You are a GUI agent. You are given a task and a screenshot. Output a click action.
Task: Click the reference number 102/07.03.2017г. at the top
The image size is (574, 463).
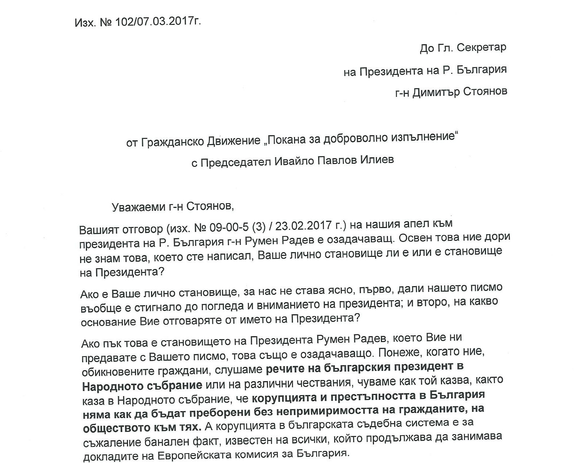pyautogui.click(x=158, y=22)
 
